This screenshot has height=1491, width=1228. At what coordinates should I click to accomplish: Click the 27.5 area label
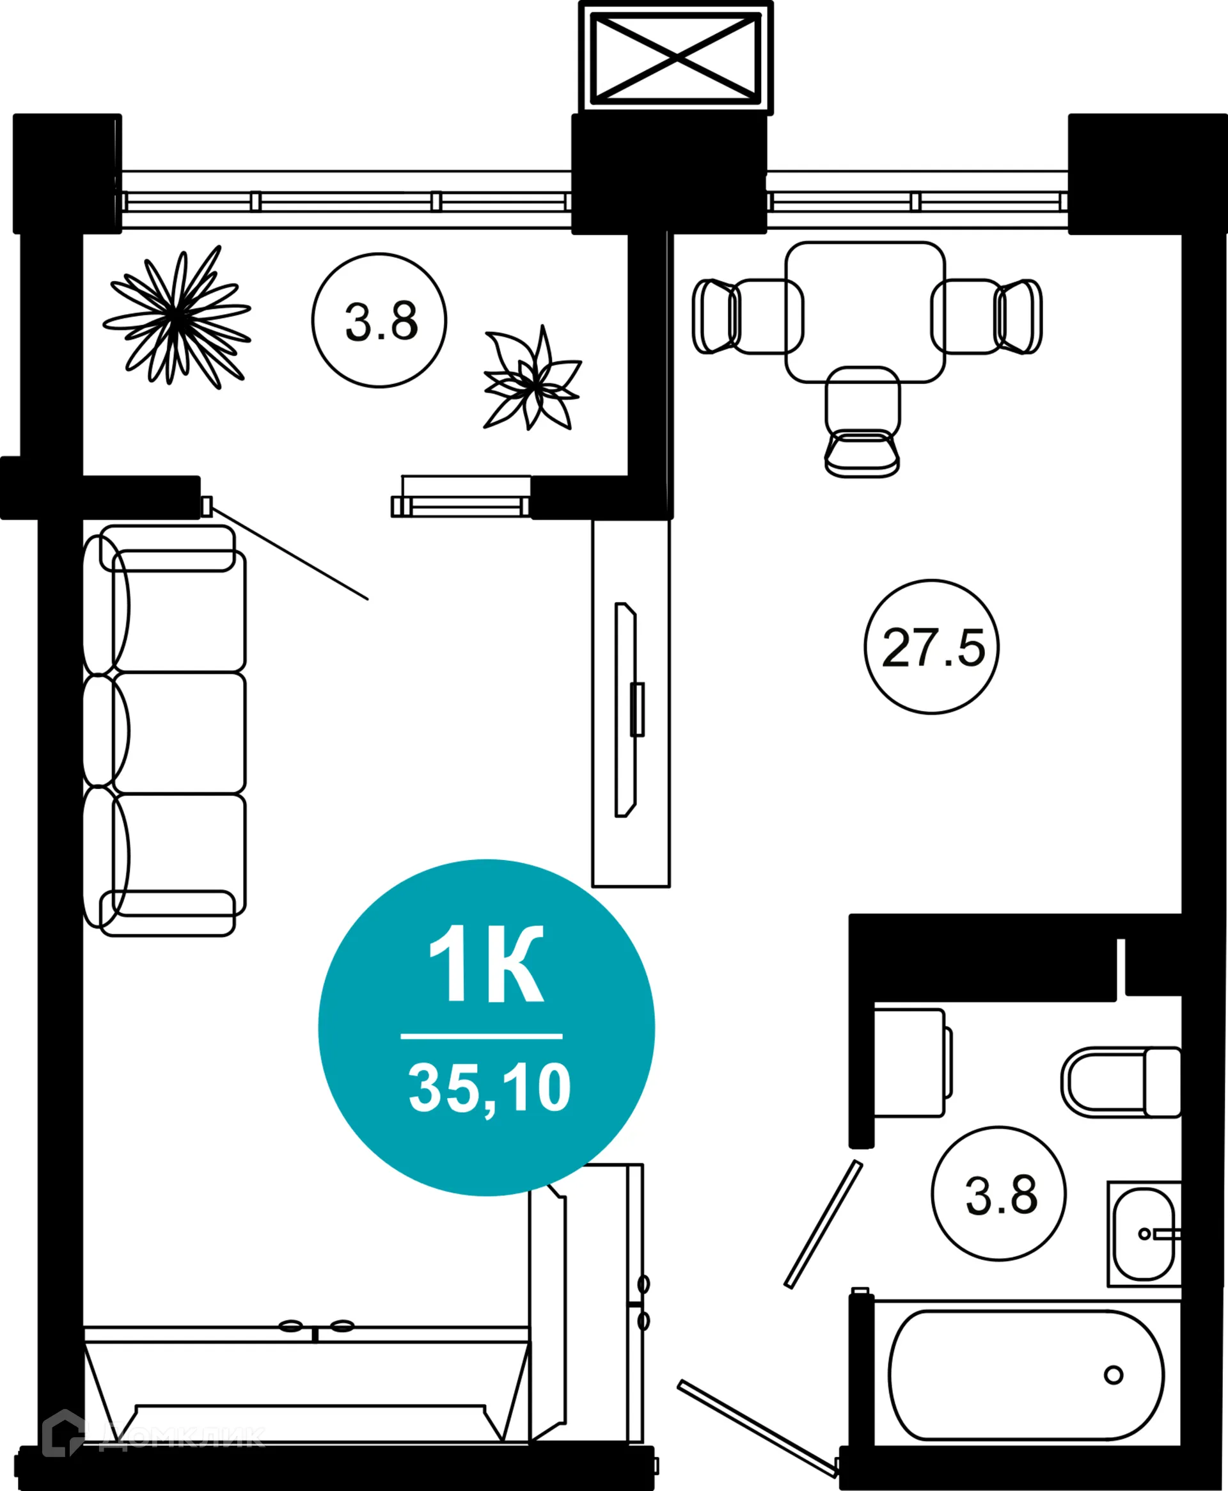933,648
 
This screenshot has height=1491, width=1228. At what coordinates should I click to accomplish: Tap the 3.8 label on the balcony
381,322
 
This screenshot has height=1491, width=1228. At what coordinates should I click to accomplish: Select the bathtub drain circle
1114,1375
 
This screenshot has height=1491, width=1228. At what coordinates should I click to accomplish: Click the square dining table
865,312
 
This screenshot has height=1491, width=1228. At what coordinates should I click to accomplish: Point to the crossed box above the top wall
675,56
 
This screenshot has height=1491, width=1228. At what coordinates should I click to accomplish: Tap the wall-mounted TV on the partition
626,710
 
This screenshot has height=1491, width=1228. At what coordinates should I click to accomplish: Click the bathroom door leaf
823,1224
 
